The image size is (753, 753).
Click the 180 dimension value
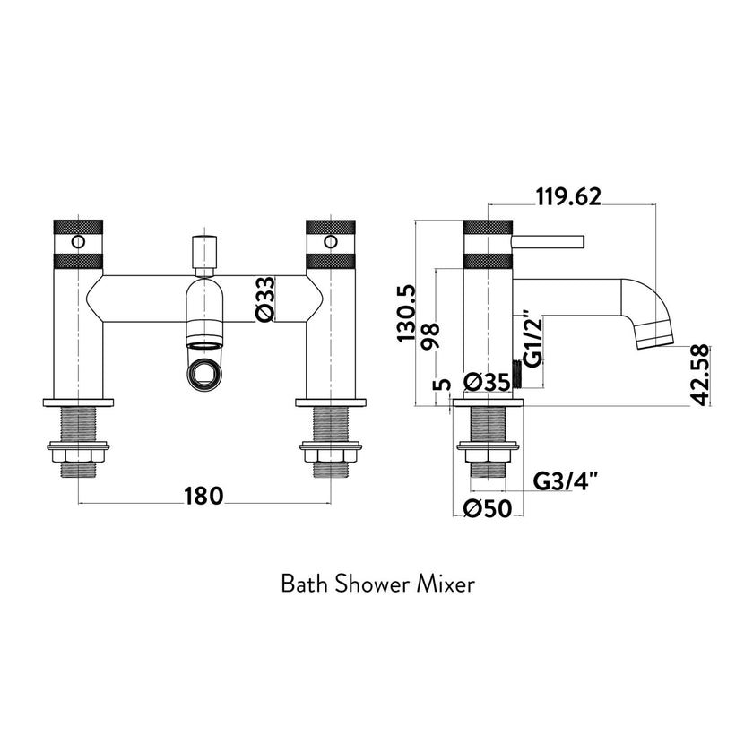pos(204,495)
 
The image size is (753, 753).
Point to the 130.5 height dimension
pos(411,314)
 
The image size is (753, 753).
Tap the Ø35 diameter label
pos(487,382)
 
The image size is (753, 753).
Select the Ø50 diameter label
pos(487,509)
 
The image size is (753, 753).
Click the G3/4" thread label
pos(567,480)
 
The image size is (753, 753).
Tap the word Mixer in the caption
pos(446,584)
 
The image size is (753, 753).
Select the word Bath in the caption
pos(304,584)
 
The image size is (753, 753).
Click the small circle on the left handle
pos(78,241)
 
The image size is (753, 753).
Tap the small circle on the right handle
pos(331,241)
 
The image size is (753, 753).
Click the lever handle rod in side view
pos(549,241)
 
